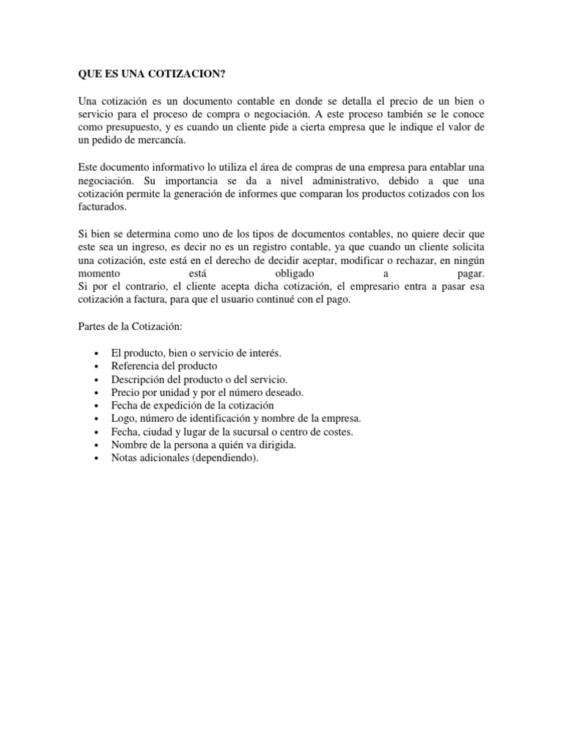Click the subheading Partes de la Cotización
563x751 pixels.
(129, 326)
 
